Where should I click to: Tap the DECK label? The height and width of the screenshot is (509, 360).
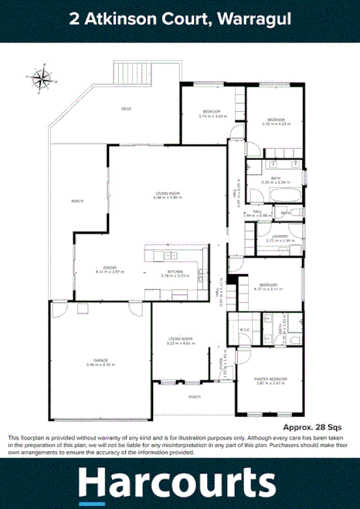[x=126, y=109]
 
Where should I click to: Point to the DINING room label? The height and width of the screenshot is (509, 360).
[x=101, y=266]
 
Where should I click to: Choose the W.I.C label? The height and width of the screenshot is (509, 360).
[x=243, y=331]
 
